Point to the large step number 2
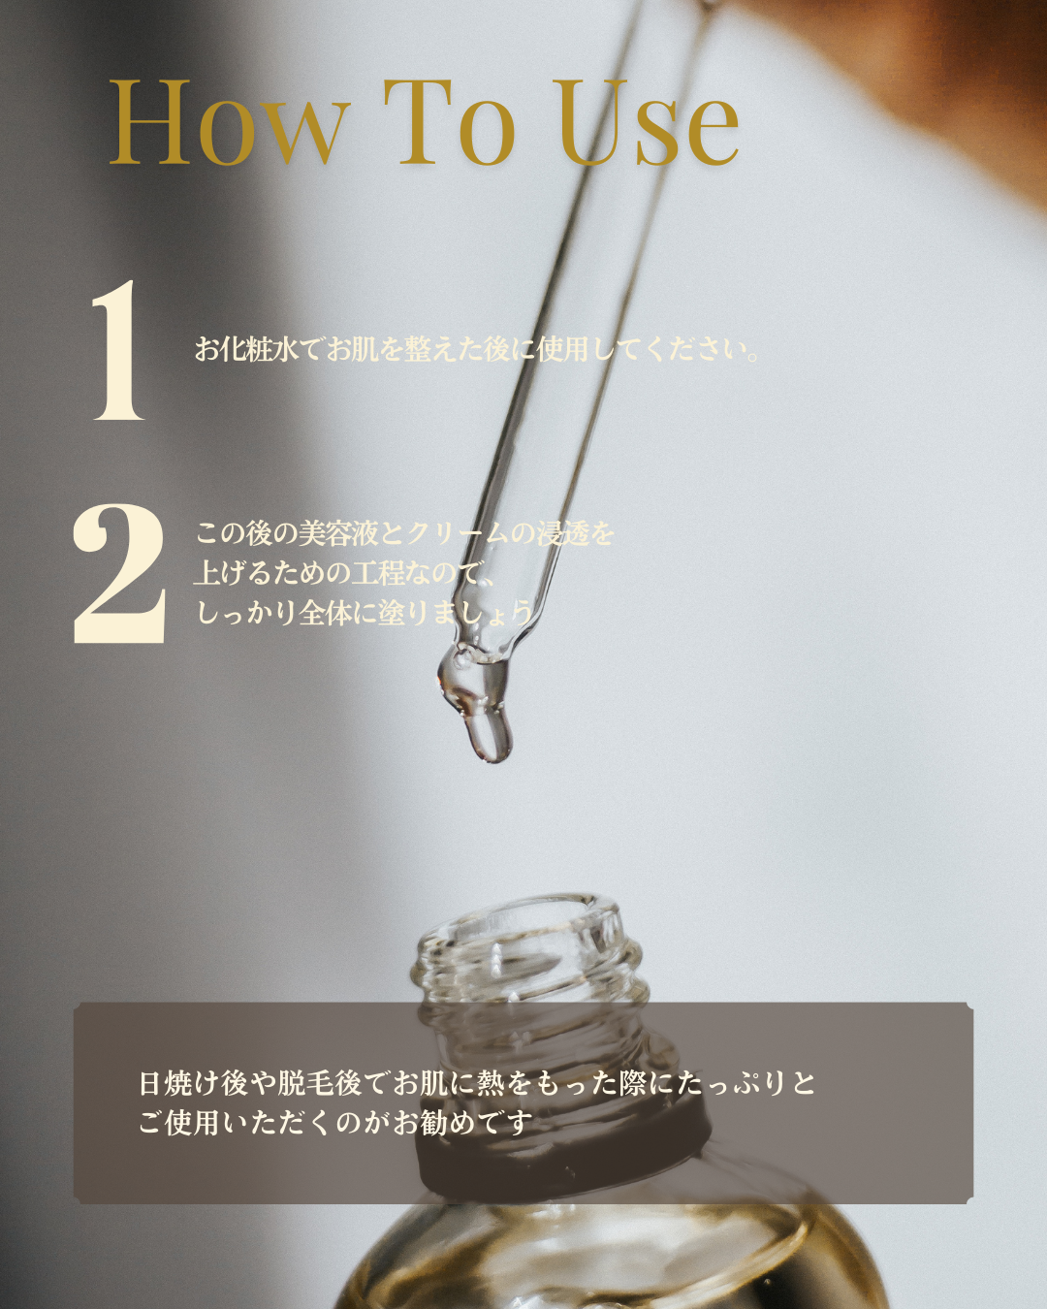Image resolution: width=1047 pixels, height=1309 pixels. tap(119, 574)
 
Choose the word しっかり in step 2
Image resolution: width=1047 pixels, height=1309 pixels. tap(246, 613)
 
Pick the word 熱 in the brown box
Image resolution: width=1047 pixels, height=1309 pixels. tap(491, 1084)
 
